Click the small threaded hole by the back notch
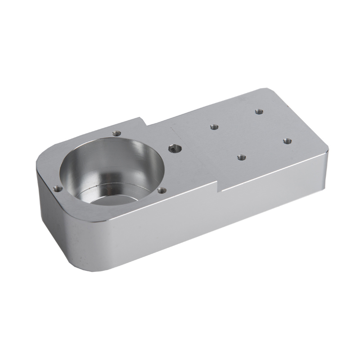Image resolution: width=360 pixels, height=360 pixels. pyautogui.click(x=117, y=133)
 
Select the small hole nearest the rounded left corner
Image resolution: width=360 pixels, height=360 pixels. pyautogui.click(x=57, y=189)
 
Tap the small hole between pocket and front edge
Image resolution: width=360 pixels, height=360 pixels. pyautogui.click(x=162, y=191)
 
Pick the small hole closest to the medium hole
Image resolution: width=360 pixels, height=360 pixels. pyautogui.click(x=214, y=127)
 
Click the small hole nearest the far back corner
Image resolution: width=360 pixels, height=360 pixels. pyautogui.click(x=258, y=111)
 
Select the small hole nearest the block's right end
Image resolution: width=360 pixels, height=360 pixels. pyautogui.click(x=286, y=141)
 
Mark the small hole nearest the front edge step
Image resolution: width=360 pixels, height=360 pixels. pyautogui.click(x=241, y=157)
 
